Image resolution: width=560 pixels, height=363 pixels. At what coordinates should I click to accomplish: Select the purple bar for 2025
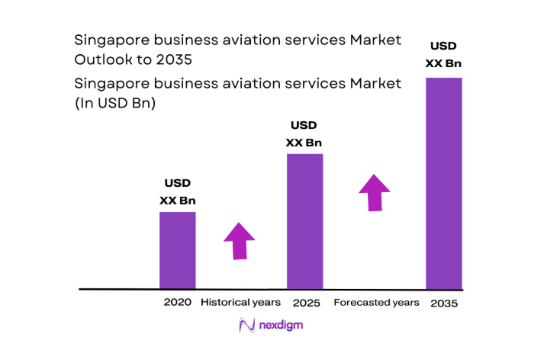point(304,221)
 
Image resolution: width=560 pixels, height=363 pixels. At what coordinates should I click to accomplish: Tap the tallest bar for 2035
point(443,183)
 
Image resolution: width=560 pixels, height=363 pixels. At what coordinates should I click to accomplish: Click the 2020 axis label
point(177,302)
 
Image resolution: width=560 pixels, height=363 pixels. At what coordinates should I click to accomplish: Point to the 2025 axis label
point(304,302)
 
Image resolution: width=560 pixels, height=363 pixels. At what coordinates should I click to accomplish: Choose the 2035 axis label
point(443,303)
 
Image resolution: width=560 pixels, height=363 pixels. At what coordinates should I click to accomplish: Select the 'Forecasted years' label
point(376,302)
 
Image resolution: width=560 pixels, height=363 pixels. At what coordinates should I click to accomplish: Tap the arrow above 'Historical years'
point(240,242)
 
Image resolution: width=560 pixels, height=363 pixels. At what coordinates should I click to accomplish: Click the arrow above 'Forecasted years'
point(374,192)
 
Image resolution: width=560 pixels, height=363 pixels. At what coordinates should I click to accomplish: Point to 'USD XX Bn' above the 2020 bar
point(177,192)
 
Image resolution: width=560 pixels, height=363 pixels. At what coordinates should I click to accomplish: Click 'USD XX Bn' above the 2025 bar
point(304,133)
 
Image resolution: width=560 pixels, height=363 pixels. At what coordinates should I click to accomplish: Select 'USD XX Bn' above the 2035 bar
point(443,53)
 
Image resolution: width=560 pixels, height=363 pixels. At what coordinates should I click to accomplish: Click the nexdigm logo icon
point(246,326)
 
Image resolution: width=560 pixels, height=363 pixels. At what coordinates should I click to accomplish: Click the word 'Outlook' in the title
point(101,59)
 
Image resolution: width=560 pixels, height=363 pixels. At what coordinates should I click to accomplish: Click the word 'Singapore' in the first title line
point(107,39)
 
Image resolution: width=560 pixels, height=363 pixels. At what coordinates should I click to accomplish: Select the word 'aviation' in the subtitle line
point(235,84)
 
